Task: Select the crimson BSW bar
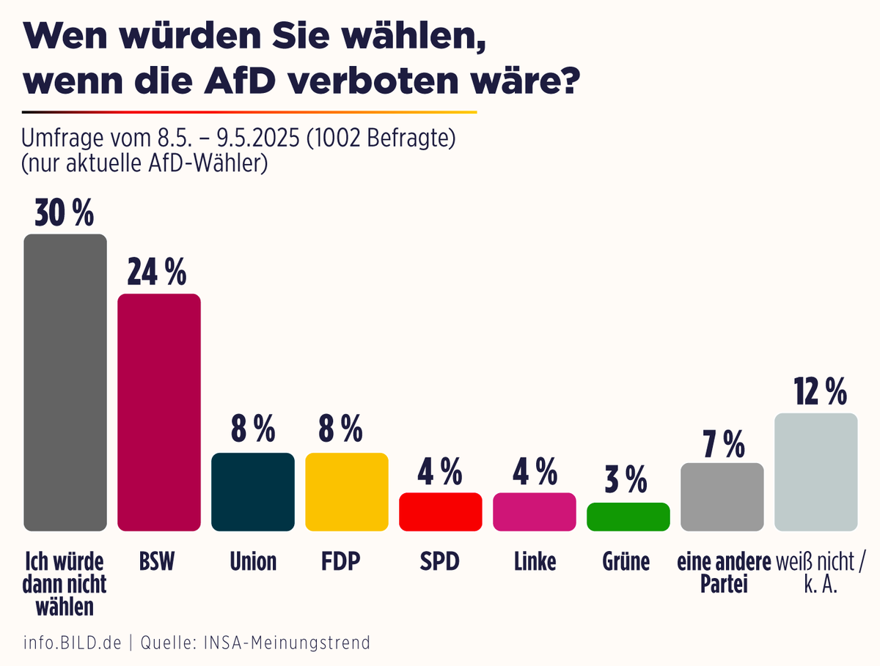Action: [159, 412]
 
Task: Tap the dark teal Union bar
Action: [253, 492]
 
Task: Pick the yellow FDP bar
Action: [347, 492]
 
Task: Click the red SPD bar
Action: [441, 511]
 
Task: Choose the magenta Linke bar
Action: [535, 511]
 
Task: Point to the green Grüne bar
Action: [628, 517]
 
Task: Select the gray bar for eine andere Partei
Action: [722, 497]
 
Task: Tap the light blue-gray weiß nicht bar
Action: [816, 472]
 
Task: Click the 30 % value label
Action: [65, 213]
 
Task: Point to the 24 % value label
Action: [157, 273]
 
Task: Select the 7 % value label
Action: [723, 443]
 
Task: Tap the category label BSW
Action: [158, 562]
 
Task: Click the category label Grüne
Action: [628, 562]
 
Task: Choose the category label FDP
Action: [346, 562]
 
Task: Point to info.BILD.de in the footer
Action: [72, 643]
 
